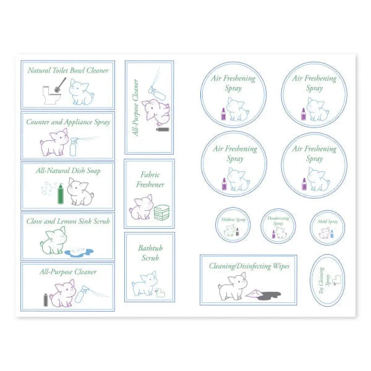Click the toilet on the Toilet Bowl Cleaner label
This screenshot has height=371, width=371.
click(x=49, y=95)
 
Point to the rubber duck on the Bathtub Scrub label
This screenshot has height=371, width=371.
click(x=160, y=293)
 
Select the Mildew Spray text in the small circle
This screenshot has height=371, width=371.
click(x=233, y=220)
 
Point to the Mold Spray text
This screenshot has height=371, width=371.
click(x=328, y=222)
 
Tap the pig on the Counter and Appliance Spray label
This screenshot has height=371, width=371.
click(x=55, y=143)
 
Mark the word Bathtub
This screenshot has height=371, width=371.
click(x=150, y=248)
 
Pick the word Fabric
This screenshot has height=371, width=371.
click(x=150, y=174)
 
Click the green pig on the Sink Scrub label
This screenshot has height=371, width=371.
click(x=53, y=241)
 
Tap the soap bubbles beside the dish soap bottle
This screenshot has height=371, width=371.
click(x=47, y=188)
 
